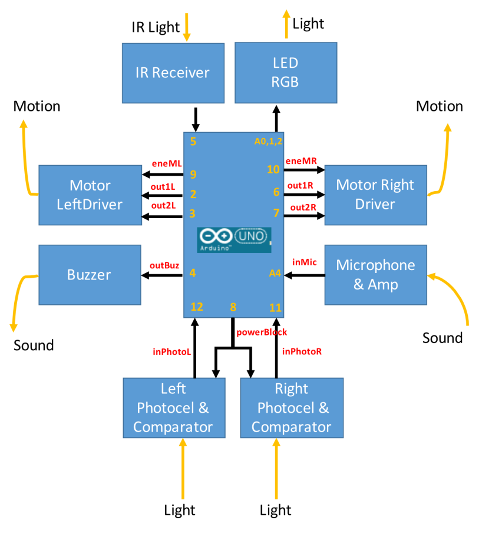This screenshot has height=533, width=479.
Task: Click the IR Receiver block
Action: pyautogui.click(x=173, y=73)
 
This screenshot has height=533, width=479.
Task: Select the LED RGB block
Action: pyautogui.click(x=285, y=73)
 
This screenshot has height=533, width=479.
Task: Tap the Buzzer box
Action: pyautogui.click(x=90, y=275)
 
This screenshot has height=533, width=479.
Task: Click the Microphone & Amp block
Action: pyautogui.click(x=375, y=275)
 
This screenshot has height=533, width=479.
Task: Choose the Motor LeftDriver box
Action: pyautogui.click(x=90, y=195)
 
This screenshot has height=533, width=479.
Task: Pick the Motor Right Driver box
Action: pyautogui.click(x=375, y=195)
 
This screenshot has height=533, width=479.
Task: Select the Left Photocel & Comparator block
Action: pyautogui.click(x=173, y=408)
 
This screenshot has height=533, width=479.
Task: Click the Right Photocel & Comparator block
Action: pyautogui.click(x=291, y=408)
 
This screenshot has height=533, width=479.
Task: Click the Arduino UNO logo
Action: pyautogui.click(x=234, y=239)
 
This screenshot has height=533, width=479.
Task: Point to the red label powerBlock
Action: pyautogui.click(x=262, y=332)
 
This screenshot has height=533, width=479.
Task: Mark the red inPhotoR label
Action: pyautogui.click(x=302, y=352)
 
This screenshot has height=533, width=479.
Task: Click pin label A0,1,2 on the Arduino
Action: pyautogui.click(x=268, y=142)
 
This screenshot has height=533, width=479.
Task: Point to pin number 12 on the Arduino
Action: pyautogui.click(x=197, y=307)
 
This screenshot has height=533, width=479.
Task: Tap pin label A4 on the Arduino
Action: pyautogui.click(x=275, y=273)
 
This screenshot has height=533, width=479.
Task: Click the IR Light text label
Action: pyautogui.click(x=156, y=27)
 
